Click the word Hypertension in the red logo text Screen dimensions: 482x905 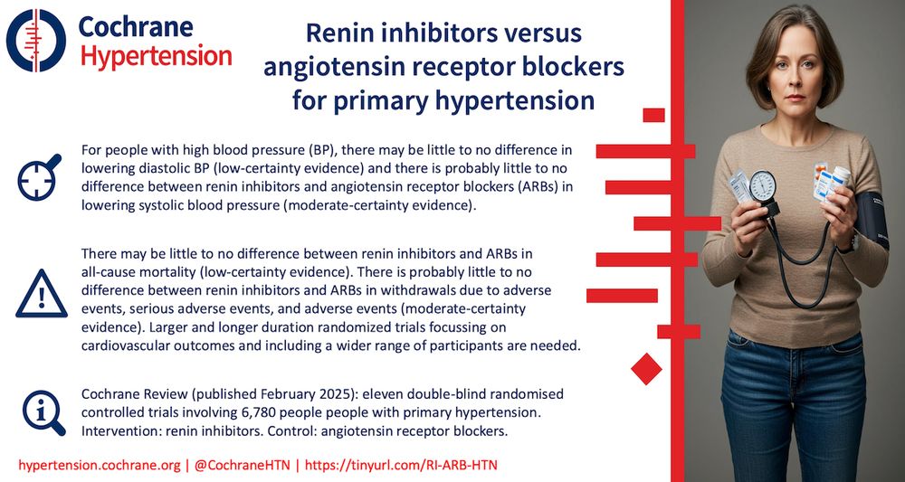[156, 56]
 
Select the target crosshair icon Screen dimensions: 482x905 [39, 177]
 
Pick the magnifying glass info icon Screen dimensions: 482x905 [40, 411]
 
